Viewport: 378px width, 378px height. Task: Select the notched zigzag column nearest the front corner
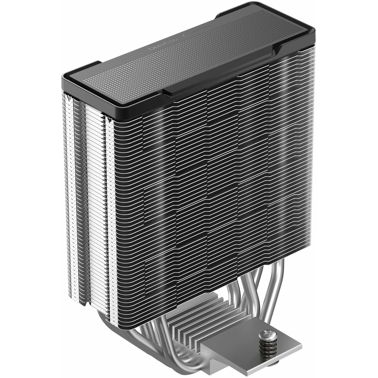click(110, 205)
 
